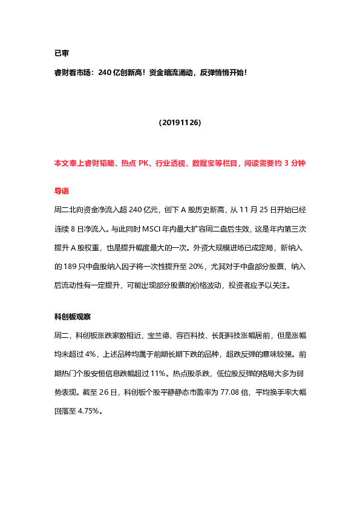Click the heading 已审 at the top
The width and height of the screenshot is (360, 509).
tap(61, 53)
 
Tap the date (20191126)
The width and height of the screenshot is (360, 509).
tap(180, 122)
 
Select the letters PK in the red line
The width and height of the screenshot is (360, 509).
tap(143, 163)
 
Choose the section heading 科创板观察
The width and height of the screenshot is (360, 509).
tap(73, 316)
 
